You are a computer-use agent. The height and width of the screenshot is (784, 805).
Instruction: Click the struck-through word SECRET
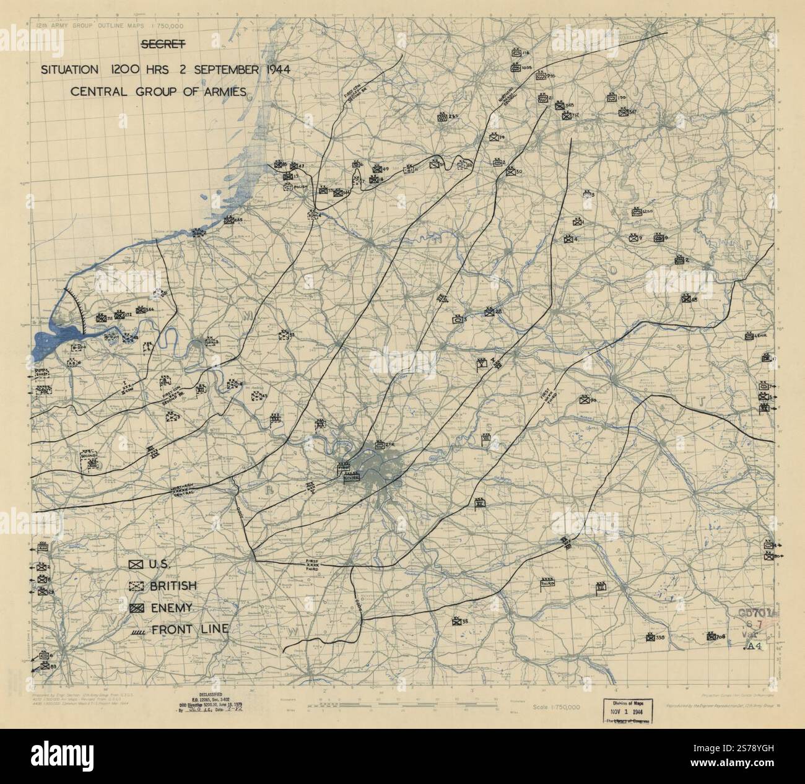point(163,45)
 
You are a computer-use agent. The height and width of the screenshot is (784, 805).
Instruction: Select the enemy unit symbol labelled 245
point(228,219)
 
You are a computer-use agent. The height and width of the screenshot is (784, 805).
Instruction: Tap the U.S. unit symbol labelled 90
point(584,400)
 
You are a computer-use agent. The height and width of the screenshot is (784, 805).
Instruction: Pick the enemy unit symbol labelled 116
point(516,54)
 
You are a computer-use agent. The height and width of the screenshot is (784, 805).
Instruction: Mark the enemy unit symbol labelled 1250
point(635,212)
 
